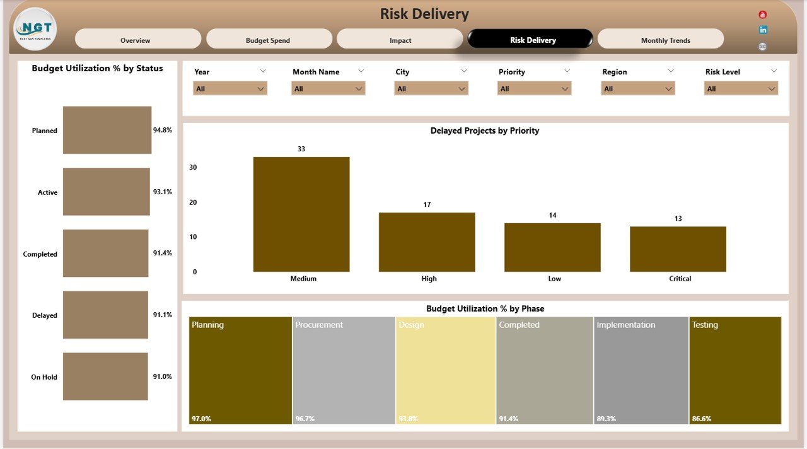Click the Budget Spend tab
click(x=269, y=39)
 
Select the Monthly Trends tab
click(x=660, y=39)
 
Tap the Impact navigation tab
click(x=400, y=39)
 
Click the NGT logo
click(x=35, y=29)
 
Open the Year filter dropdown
click(x=230, y=89)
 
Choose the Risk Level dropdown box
click(x=741, y=89)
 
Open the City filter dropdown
click(x=431, y=89)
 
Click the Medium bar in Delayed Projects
click(x=301, y=214)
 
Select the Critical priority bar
click(x=678, y=249)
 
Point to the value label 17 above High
click(x=427, y=204)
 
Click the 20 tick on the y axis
click(x=193, y=202)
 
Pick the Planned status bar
click(x=107, y=130)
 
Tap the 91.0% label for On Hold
click(x=162, y=376)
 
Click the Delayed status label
click(x=45, y=315)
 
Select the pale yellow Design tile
click(x=445, y=370)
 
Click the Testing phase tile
click(x=735, y=370)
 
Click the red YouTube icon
click(x=763, y=15)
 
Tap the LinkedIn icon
click(x=763, y=30)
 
